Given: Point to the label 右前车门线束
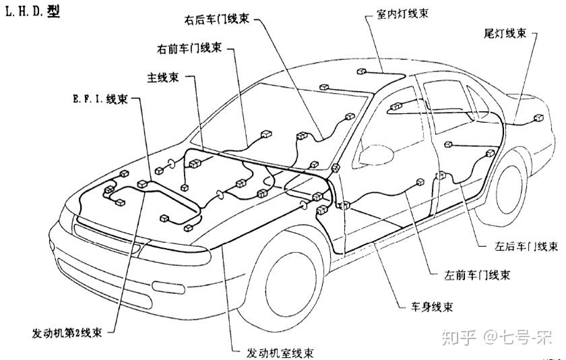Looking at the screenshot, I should pos(189,49).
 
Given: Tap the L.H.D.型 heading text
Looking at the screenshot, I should pos(31,13).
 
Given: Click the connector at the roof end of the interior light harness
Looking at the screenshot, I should pos(361,72).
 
